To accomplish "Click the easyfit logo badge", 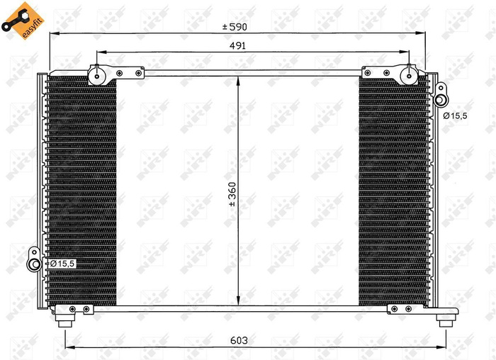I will click(x=19, y=20).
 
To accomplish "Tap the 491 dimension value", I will click(x=238, y=45).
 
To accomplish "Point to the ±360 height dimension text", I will click(x=232, y=193).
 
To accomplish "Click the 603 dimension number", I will click(x=239, y=341).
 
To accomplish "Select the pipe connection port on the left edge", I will click(x=33, y=264).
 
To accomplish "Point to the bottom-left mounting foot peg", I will click(x=65, y=320).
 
